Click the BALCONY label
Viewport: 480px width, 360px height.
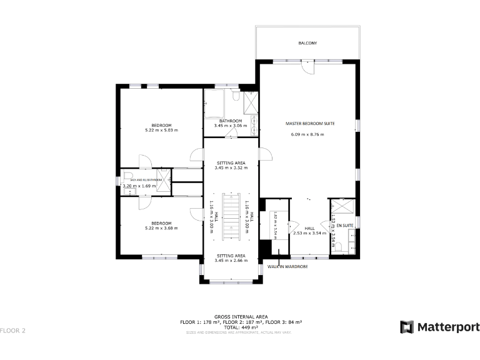pos(307,43)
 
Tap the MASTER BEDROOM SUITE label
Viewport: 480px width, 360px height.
pos(310,124)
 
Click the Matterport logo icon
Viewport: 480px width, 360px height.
pos(407,327)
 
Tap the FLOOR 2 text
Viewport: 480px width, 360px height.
pos(12,329)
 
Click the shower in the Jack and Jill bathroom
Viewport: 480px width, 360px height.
pos(163,176)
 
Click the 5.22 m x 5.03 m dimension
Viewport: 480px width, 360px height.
pos(161,131)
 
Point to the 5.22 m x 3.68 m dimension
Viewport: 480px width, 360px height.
pos(161,228)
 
